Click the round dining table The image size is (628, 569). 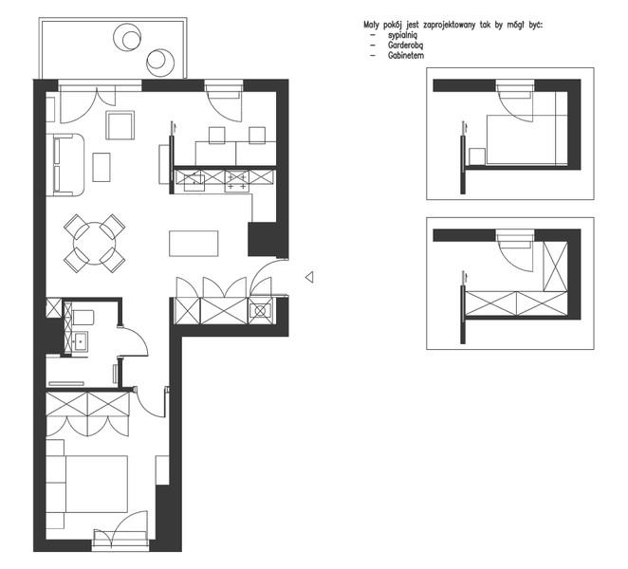[95, 243]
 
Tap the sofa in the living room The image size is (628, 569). [65, 165]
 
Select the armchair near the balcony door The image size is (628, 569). [120, 125]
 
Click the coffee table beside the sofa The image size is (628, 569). [102, 167]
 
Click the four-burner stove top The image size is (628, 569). [237, 181]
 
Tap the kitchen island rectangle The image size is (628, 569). [194, 243]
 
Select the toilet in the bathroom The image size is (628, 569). [83, 318]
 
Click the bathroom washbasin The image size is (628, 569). [80, 341]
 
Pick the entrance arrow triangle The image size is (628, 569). [309, 277]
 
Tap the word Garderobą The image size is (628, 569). [405, 46]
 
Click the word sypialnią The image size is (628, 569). [402, 36]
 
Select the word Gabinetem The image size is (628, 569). [406, 56]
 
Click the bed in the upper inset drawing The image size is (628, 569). [527, 139]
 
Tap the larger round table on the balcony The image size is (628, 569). [127, 37]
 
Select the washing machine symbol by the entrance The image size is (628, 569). [260, 311]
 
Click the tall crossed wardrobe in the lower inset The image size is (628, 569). [555, 266]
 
